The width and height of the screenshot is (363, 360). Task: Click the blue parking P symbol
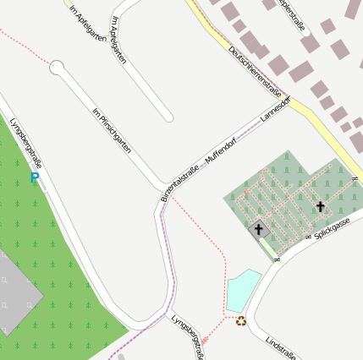35,178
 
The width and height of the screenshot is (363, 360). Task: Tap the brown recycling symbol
241,320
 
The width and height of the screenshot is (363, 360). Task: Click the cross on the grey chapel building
259,228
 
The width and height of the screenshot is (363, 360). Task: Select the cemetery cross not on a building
320,206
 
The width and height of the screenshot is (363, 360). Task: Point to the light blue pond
245,289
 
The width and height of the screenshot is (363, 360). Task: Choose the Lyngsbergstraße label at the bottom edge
187,335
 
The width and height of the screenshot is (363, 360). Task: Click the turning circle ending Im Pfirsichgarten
57,67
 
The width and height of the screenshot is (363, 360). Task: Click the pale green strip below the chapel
268,248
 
